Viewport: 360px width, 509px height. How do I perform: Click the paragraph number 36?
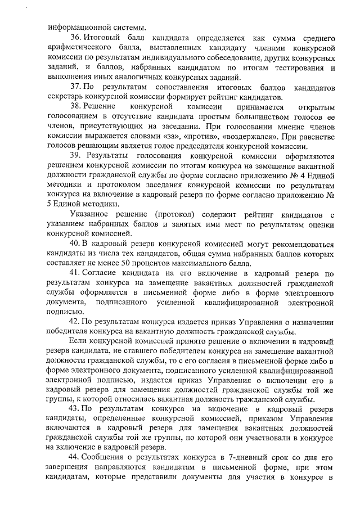pyautogui.click(x=75, y=37)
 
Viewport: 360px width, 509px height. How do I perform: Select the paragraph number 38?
pyautogui.click(x=75, y=107)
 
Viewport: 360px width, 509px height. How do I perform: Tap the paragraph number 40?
pyautogui.click(x=75, y=244)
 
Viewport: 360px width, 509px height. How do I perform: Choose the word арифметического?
pyautogui.click(x=78, y=47)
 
